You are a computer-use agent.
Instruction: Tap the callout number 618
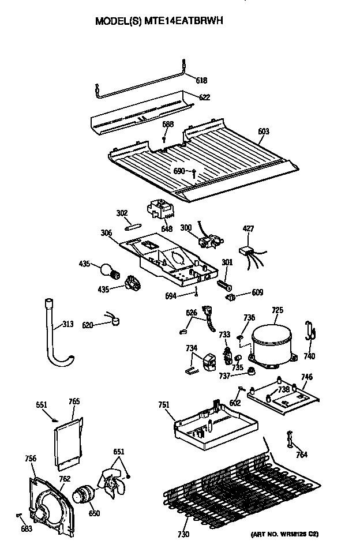tap(201, 80)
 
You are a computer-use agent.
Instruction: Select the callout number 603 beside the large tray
tap(263, 132)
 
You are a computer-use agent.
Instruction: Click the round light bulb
tap(107, 268)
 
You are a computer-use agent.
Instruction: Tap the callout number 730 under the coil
tap(183, 535)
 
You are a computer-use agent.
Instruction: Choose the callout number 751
tap(164, 405)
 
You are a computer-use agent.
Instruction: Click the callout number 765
tap(74, 401)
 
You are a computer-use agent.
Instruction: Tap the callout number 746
tap(307, 377)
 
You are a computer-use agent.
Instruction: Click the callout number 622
tap(204, 97)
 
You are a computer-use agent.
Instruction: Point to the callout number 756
tap(31, 459)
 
